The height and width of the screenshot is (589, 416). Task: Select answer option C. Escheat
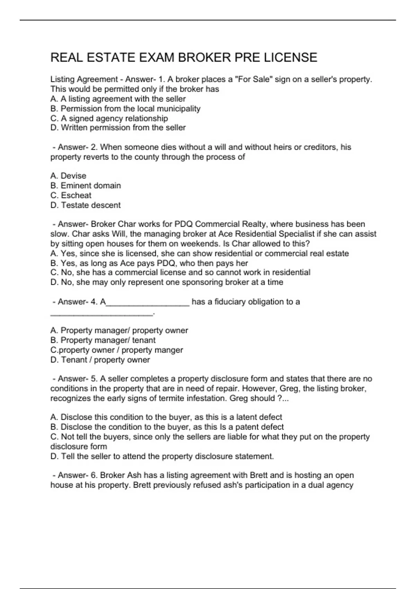point(71,195)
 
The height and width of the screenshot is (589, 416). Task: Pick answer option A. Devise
point(68,176)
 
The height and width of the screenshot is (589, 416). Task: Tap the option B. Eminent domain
point(86,186)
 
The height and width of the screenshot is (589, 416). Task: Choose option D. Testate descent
point(86,205)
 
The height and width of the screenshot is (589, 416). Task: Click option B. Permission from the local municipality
point(125,109)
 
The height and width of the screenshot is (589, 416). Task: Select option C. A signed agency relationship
point(109,118)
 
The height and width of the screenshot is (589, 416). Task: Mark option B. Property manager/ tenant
point(103,340)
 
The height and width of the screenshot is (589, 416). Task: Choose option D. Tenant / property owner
point(100,360)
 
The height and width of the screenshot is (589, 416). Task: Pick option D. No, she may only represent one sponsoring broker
point(167,282)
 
